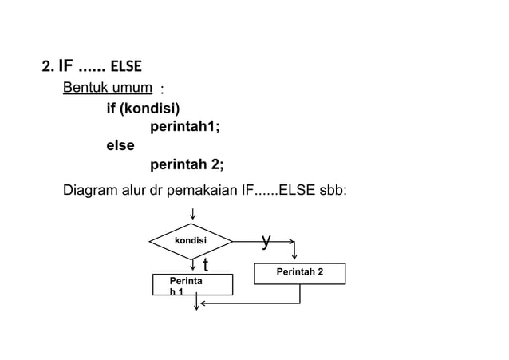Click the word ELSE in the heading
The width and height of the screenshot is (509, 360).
[126, 65]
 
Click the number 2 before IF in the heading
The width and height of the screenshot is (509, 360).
[46, 65]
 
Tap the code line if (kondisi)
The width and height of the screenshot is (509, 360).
[143, 109]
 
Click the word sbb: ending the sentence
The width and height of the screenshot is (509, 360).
[332, 192]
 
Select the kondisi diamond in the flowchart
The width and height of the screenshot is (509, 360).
[191, 241]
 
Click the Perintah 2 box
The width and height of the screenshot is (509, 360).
[299, 273]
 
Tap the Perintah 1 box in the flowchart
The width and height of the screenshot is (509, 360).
[192, 285]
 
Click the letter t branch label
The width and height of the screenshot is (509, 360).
[205, 264]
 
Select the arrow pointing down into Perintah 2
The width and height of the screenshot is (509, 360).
[295, 254]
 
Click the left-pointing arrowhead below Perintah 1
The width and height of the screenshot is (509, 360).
[203, 303]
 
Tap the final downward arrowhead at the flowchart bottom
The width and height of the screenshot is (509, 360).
[196, 310]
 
